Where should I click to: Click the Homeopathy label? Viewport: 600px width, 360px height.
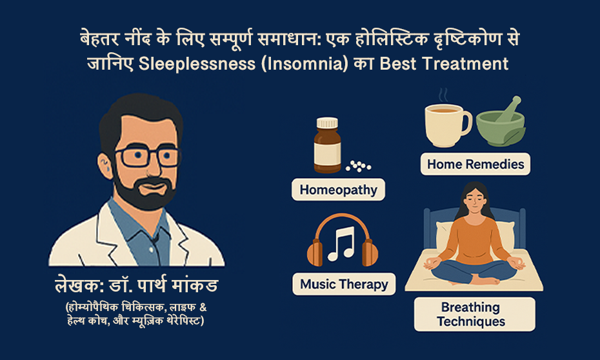click(x=338, y=190)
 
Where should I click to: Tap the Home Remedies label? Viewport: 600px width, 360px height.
click(x=475, y=164)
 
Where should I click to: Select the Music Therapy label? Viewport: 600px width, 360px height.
click(x=344, y=284)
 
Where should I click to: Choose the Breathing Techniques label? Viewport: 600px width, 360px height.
click(x=474, y=314)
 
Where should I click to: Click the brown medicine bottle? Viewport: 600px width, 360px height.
click(x=327, y=145)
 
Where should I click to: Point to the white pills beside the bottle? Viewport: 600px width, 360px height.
click(x=358, y=166)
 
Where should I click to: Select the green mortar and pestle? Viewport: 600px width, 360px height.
click(x=501, y=123)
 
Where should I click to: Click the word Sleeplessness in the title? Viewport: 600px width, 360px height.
click(x=197, y=63)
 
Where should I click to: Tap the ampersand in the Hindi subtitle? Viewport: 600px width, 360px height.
click(x=203, y=307)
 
